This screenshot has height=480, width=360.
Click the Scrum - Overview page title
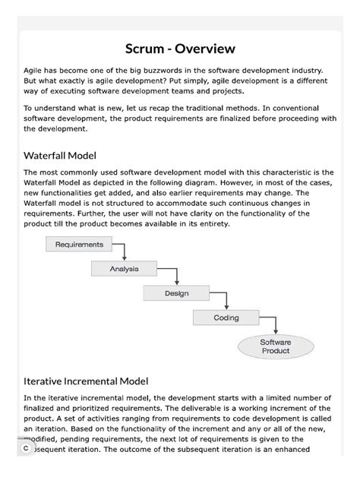point(180,49)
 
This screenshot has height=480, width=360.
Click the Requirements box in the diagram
point(80,245)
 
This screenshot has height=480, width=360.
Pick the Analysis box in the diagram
point(125,268)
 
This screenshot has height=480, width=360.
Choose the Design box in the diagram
point(176,292)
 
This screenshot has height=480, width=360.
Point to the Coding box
point(226,317)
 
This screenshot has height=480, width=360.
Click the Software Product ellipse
point(275,347)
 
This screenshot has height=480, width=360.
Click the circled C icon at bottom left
point(25,449)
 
